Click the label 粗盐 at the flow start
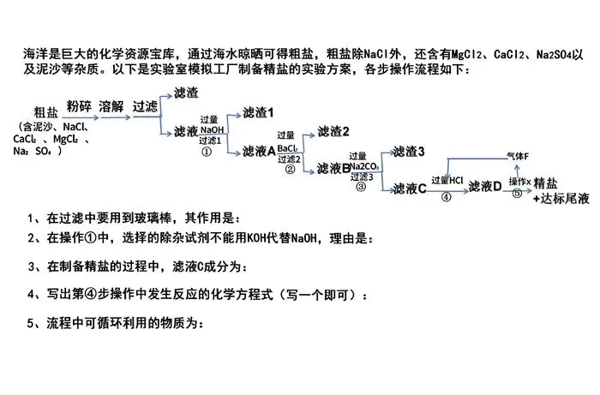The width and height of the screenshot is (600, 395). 46,112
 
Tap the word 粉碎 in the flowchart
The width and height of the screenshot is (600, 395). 79,106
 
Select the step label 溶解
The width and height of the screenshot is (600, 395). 111,106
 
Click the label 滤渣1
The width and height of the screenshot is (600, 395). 258,112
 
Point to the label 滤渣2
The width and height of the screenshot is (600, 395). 333,131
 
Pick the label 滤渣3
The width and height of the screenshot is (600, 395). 409,152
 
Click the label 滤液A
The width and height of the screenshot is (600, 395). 259,151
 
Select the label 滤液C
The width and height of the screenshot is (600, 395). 409,189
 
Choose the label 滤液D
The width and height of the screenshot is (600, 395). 484,185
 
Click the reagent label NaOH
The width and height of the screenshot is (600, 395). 213,129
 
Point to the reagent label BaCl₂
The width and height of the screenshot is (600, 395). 287,147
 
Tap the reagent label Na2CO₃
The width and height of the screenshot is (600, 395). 363,166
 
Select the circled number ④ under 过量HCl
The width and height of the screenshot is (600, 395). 446,195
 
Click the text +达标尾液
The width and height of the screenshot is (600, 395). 561,198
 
